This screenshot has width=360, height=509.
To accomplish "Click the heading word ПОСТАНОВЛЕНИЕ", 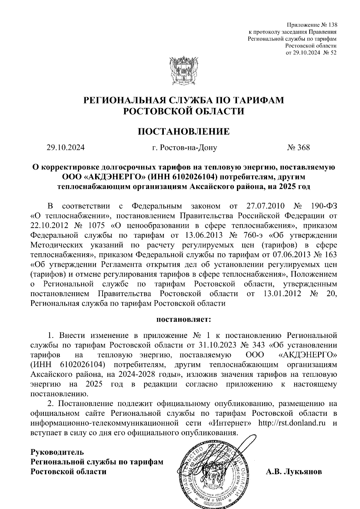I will [x=183, y=131].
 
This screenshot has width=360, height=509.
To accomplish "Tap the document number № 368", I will [x=298, y=147].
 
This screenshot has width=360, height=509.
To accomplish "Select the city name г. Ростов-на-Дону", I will [x=184, y=147].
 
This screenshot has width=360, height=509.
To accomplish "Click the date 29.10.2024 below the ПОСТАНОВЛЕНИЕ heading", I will [x=65, y=147].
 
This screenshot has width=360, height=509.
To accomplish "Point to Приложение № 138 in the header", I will [x=312, y=25].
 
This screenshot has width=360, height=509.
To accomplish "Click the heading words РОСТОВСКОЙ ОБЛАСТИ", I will [x=183, y=111].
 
